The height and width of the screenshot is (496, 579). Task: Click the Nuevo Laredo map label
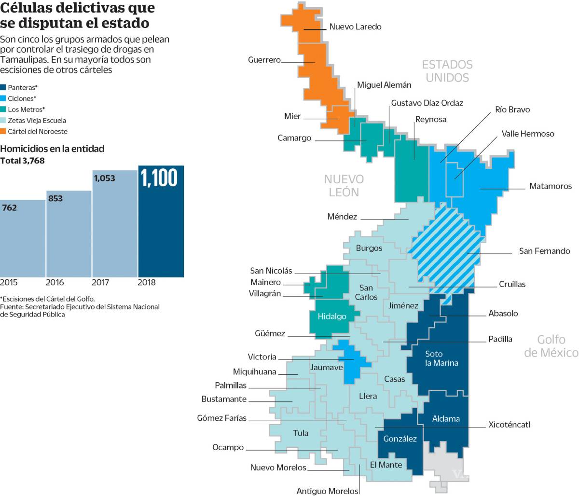pos(355,27)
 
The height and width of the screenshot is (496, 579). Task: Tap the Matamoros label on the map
pos(550,186)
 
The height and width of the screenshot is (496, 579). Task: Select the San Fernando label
pos(544,251)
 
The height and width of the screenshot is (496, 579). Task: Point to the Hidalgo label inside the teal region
pos(332,317)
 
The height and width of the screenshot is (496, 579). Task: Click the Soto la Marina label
pos(441,358)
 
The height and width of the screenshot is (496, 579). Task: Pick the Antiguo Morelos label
pos(328,491)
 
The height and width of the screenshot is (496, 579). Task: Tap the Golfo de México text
pos(551,346)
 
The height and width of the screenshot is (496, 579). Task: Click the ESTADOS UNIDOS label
pos(447,71)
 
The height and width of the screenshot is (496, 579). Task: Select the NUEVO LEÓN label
pos(344,186)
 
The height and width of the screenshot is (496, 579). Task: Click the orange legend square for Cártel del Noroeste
pos(3,131)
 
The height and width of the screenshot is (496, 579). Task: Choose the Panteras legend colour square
pos(3,87)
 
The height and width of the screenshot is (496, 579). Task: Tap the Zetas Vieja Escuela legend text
pos(37,121)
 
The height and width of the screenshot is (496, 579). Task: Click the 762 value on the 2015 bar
pos(10,208)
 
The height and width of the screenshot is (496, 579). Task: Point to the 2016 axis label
pos(55,282)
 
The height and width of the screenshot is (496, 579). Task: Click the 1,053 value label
pos(105,179)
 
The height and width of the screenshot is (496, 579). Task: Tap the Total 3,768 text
pos(22,161)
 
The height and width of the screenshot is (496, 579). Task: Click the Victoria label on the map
pos(262,357)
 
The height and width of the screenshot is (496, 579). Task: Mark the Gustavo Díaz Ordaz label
pos(427,103)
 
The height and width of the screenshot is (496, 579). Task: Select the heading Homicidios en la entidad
pos(52,149)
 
